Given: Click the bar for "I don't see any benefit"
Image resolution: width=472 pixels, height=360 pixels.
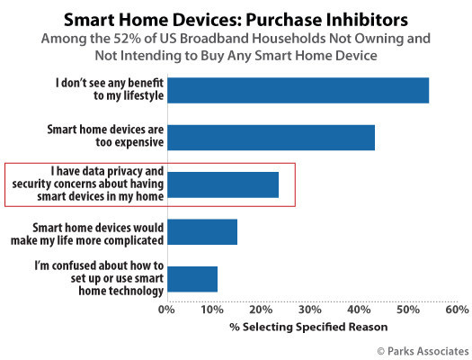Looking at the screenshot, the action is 298,90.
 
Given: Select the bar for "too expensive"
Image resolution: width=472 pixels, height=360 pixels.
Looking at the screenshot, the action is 272,138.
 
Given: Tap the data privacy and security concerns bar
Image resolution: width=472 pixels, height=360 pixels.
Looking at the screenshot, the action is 223,184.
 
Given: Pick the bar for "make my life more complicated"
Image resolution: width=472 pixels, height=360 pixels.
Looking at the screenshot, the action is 202,232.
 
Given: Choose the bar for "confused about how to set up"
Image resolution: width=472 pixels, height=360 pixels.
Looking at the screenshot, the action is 192,279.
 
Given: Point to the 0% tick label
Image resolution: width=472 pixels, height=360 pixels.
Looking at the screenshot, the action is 166,310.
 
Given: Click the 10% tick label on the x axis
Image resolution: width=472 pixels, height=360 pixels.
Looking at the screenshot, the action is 212,310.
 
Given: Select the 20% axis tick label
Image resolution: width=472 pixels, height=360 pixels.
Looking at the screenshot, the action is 261,310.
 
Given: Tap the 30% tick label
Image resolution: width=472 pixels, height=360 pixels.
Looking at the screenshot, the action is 310,310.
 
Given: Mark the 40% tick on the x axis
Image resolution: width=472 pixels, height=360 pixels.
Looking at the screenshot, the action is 359,310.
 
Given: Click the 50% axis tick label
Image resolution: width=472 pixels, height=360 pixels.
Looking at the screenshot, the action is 408,310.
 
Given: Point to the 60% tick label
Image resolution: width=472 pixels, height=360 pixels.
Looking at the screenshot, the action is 457,310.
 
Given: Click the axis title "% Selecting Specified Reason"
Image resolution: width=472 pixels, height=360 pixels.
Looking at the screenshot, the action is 308,327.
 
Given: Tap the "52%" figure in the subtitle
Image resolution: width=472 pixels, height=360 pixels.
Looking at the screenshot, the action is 128,39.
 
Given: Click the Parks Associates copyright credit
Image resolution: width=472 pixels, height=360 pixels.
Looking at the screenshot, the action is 423,351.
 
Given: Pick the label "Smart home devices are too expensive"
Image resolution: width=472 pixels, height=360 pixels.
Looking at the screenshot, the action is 105,136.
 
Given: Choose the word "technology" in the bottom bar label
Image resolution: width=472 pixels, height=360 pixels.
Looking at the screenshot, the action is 121,292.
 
